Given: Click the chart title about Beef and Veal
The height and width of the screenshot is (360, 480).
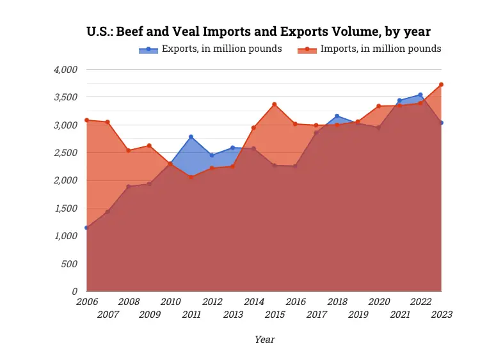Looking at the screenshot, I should (x=258, y=31).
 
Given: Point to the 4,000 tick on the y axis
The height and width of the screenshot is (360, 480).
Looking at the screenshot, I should (x=64, y=70).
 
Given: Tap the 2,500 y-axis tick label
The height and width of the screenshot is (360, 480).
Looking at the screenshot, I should (x=64, y=153).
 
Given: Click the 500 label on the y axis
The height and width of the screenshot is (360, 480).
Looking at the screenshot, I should (x=68, y=263).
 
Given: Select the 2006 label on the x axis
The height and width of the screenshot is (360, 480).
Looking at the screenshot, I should (x=86, y=301).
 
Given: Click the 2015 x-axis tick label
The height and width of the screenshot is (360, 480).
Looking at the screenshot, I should (x=275, y=314).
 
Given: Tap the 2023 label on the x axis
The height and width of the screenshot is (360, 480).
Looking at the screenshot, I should (x=441, y=314).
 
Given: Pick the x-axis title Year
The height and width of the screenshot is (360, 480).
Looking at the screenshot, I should (x=264, y=340).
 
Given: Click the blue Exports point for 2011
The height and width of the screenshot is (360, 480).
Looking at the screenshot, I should (x=191, y=137).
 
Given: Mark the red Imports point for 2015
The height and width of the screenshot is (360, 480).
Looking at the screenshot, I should (x=275, y=104).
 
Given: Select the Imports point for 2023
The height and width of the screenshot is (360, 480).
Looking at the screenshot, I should (x=441, y=84).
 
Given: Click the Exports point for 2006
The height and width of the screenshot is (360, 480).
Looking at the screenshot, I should (x=86, y=228).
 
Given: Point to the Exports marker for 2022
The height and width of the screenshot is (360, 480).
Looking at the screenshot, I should (x=420, y=95).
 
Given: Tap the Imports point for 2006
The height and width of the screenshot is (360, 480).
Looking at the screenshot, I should (x=86, y=120).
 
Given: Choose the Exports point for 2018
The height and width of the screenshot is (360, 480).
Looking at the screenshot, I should (x=337, y=116).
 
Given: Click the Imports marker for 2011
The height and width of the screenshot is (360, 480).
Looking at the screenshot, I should (x=191, y=177).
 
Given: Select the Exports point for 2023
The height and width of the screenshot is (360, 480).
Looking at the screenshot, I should (x=441, y=123).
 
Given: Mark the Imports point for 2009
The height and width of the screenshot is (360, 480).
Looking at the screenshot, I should (x=149, y=146).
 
